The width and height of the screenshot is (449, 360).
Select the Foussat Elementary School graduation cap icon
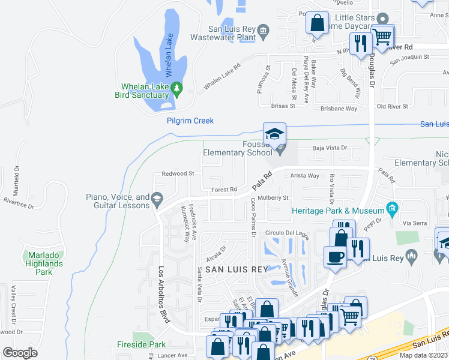[274, 134]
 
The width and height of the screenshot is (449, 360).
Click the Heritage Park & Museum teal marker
[392, 210]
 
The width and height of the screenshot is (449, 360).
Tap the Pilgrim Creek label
[190, 121]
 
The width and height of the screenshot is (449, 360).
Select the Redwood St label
[173, 173]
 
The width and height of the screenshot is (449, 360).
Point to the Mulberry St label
[273, 197]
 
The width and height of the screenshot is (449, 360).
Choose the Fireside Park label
[148, 345]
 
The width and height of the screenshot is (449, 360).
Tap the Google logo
[20, 352]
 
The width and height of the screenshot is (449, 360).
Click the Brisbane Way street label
[339, 109]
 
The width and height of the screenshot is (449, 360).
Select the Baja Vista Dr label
[330, 148]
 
